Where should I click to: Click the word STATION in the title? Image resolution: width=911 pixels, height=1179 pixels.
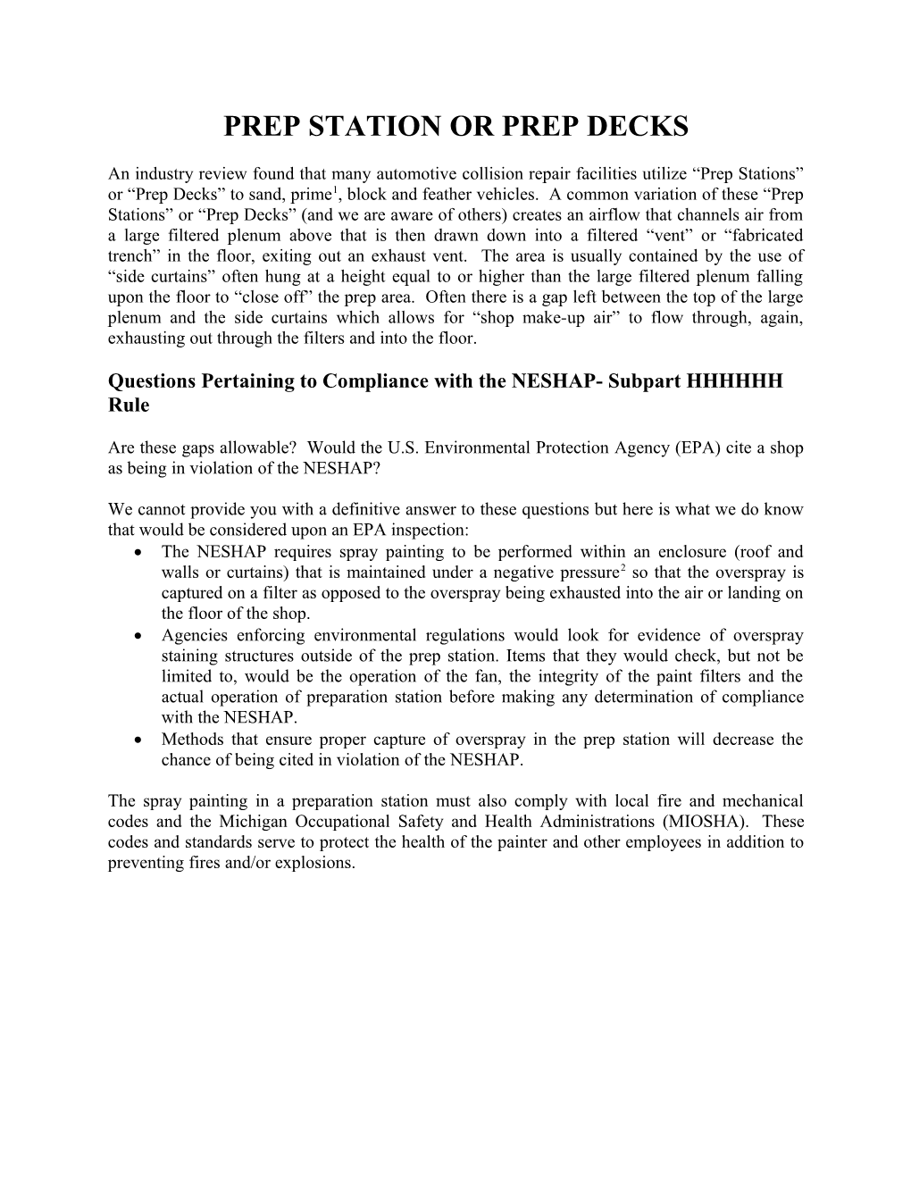pos(362,127)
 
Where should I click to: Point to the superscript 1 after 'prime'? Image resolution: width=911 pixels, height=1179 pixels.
pos(333,190)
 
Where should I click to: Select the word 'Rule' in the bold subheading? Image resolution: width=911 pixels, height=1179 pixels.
pos(129,405)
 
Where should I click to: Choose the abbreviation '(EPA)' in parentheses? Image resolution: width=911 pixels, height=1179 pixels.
pos(680,447)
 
